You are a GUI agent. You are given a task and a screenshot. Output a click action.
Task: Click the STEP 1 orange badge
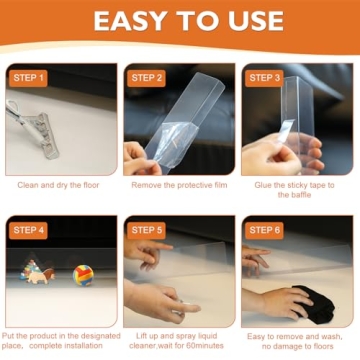(x=28, y=78)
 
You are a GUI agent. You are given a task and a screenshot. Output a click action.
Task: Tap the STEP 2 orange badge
(x=146, y=78)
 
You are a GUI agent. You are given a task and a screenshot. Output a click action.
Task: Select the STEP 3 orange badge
(x=264, y=78)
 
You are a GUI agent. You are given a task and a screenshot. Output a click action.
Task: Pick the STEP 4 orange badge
(x=28, y=230)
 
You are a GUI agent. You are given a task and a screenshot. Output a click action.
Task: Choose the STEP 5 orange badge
(x=146, y=230)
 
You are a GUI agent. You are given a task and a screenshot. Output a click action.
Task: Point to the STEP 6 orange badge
(x=264, y=230)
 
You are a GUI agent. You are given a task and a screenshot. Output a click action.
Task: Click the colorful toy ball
(x=83, y=275)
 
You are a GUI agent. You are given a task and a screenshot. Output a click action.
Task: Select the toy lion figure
(x=42, y=276)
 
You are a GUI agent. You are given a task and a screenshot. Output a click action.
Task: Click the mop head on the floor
(x=46, y=135)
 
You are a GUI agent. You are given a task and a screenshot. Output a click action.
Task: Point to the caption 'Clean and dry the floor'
(x=58, y=185)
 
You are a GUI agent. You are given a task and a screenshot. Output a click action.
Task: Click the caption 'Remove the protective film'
(x=179, y=185)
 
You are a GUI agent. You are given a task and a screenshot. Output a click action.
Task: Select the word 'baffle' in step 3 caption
(x=294, y=195)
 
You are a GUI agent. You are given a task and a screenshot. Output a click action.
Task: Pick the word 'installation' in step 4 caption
(x=83, y=346)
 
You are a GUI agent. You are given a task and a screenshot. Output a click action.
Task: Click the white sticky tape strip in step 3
(x=286, y=130)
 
